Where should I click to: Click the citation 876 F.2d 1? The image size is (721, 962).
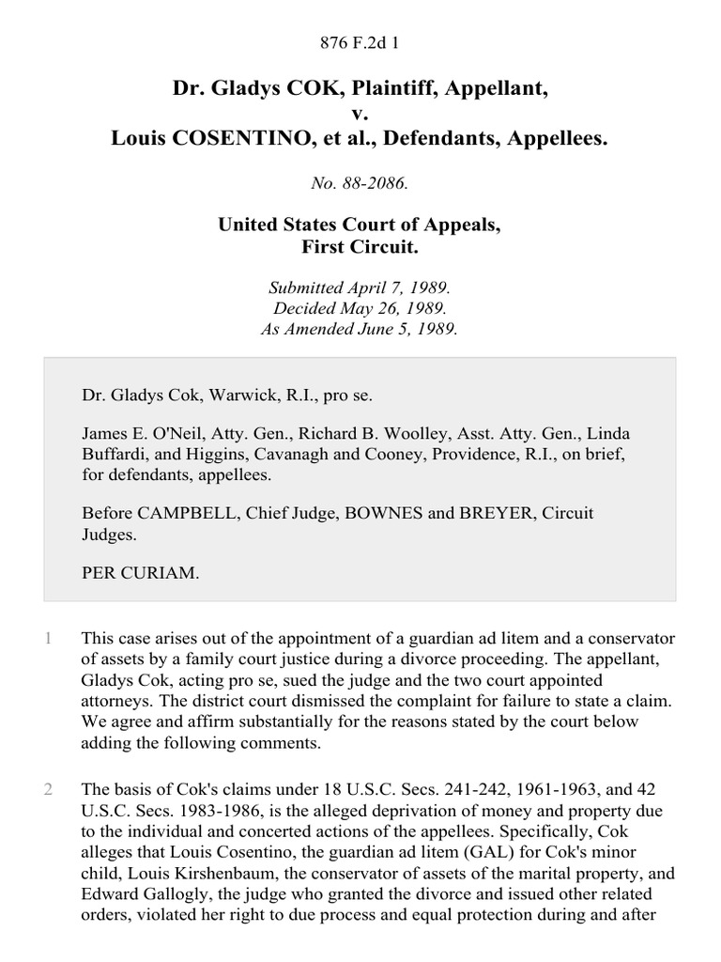pyautogui.click(x=360, y=42)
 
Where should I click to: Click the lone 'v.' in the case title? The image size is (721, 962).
pyautogui.click(x=360, y=114)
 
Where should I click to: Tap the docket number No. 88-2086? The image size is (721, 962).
pyautogui.click(x=360, y=184)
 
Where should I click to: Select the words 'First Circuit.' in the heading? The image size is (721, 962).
pyautogui.click(x=360, y=248)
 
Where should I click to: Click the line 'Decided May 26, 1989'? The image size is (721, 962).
pyautogui.click(x=360, y=309)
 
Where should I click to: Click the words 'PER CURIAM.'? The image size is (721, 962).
pyautogui.click(x=141, y=572)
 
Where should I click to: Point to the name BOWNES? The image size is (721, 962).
pyautogui.click(x=385, y=514)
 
